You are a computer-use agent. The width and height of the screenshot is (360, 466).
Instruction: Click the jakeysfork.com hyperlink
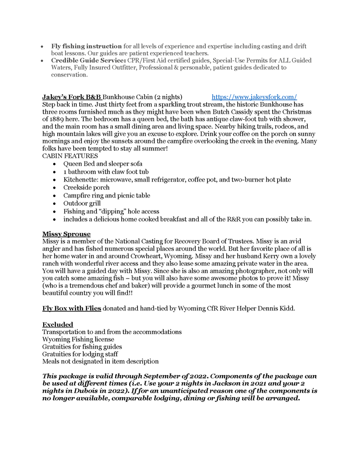coord(254,97)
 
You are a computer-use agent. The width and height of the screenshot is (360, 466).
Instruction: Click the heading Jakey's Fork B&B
coord(72,97)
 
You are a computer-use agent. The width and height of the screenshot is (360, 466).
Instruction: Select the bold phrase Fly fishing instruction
coord(86,46)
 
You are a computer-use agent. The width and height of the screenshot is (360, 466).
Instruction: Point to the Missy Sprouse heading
coord(66,234)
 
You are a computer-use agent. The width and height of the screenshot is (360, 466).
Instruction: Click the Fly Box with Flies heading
coord(71,309)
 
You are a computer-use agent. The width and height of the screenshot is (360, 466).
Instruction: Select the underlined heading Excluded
coord(58,324)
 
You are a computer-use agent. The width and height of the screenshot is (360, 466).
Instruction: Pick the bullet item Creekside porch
coord(86,187)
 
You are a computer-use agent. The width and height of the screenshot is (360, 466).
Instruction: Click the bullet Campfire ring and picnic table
coord(106,196)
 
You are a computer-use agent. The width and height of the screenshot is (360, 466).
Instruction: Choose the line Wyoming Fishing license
coord(78,339)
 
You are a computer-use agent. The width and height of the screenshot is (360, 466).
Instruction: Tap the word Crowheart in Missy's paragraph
coord(152,256)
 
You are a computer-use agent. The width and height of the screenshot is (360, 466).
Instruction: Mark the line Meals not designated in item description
coord(101,361)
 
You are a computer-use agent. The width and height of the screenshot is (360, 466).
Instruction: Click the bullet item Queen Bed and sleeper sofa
coord(103,164)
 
